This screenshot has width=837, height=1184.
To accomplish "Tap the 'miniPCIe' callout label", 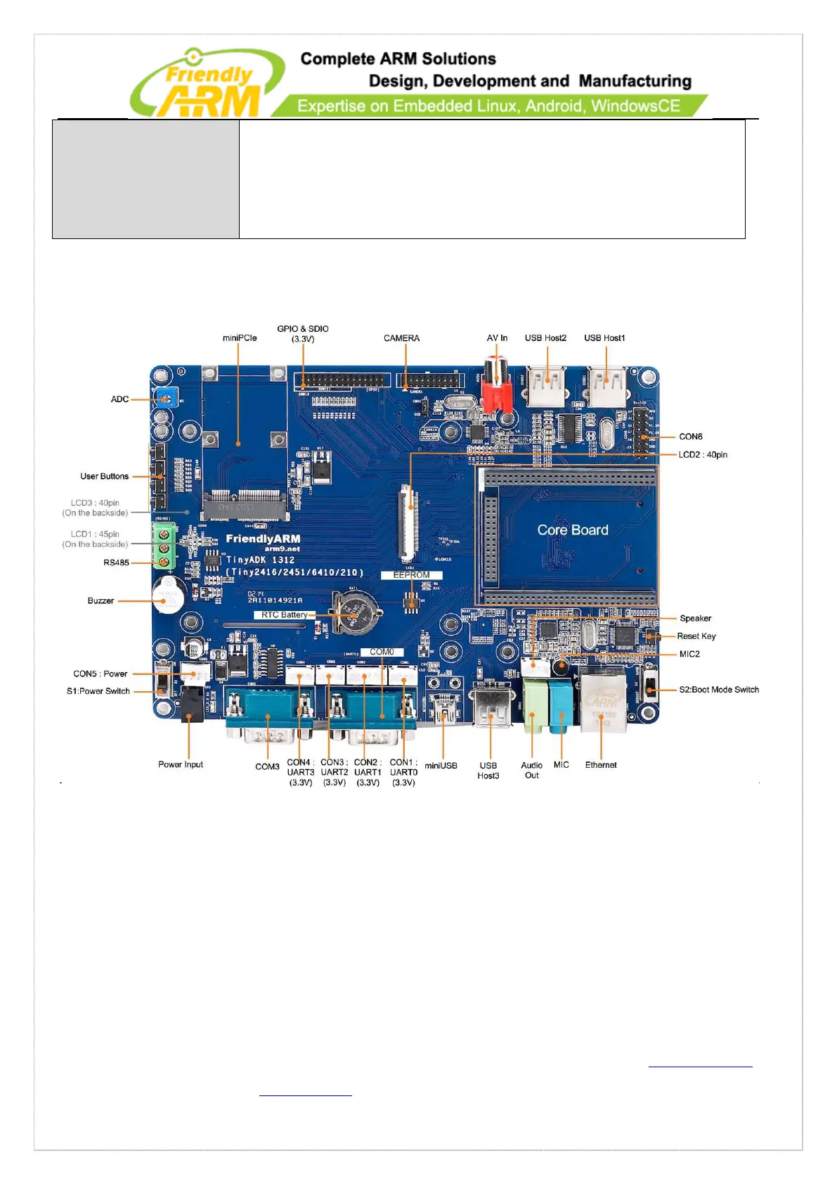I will click(x=240, y=338).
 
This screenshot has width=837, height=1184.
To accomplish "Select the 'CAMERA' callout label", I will click(x=401, y=338).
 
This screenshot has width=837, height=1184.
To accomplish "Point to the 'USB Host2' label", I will click(x=545, y=338).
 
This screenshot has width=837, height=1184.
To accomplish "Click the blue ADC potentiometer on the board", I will click(x=166, y=397).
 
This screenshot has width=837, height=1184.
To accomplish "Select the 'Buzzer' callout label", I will click(x=100, y=601).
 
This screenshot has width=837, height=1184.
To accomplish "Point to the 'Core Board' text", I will click(x=573, y=530).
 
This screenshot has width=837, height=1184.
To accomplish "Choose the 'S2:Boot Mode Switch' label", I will click(x=718, y=690).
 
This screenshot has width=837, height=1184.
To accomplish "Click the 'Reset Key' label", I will click(x=696, y=636).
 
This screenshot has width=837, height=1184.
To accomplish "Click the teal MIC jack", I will click(x=561, y=704).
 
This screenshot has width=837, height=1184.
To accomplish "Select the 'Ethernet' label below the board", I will click(x=601, y=765).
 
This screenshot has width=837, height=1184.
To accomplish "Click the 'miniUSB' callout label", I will click(x=441, y=766).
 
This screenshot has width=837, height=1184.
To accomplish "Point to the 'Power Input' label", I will click(x=181, y=764).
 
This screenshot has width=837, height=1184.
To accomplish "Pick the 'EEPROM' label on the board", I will click(x=411, y=575).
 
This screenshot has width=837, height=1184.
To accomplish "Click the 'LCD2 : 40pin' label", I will click(x=703, y=455).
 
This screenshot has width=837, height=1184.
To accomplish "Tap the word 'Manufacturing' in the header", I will click(x=635, y=82).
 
